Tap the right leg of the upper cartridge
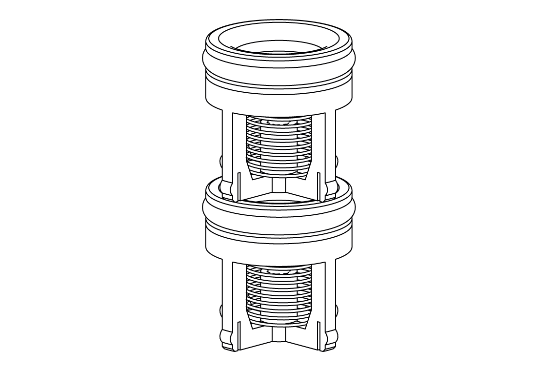330,146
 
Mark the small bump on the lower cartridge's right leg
337,310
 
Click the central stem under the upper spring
279,186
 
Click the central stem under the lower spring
279,335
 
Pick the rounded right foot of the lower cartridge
332,339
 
